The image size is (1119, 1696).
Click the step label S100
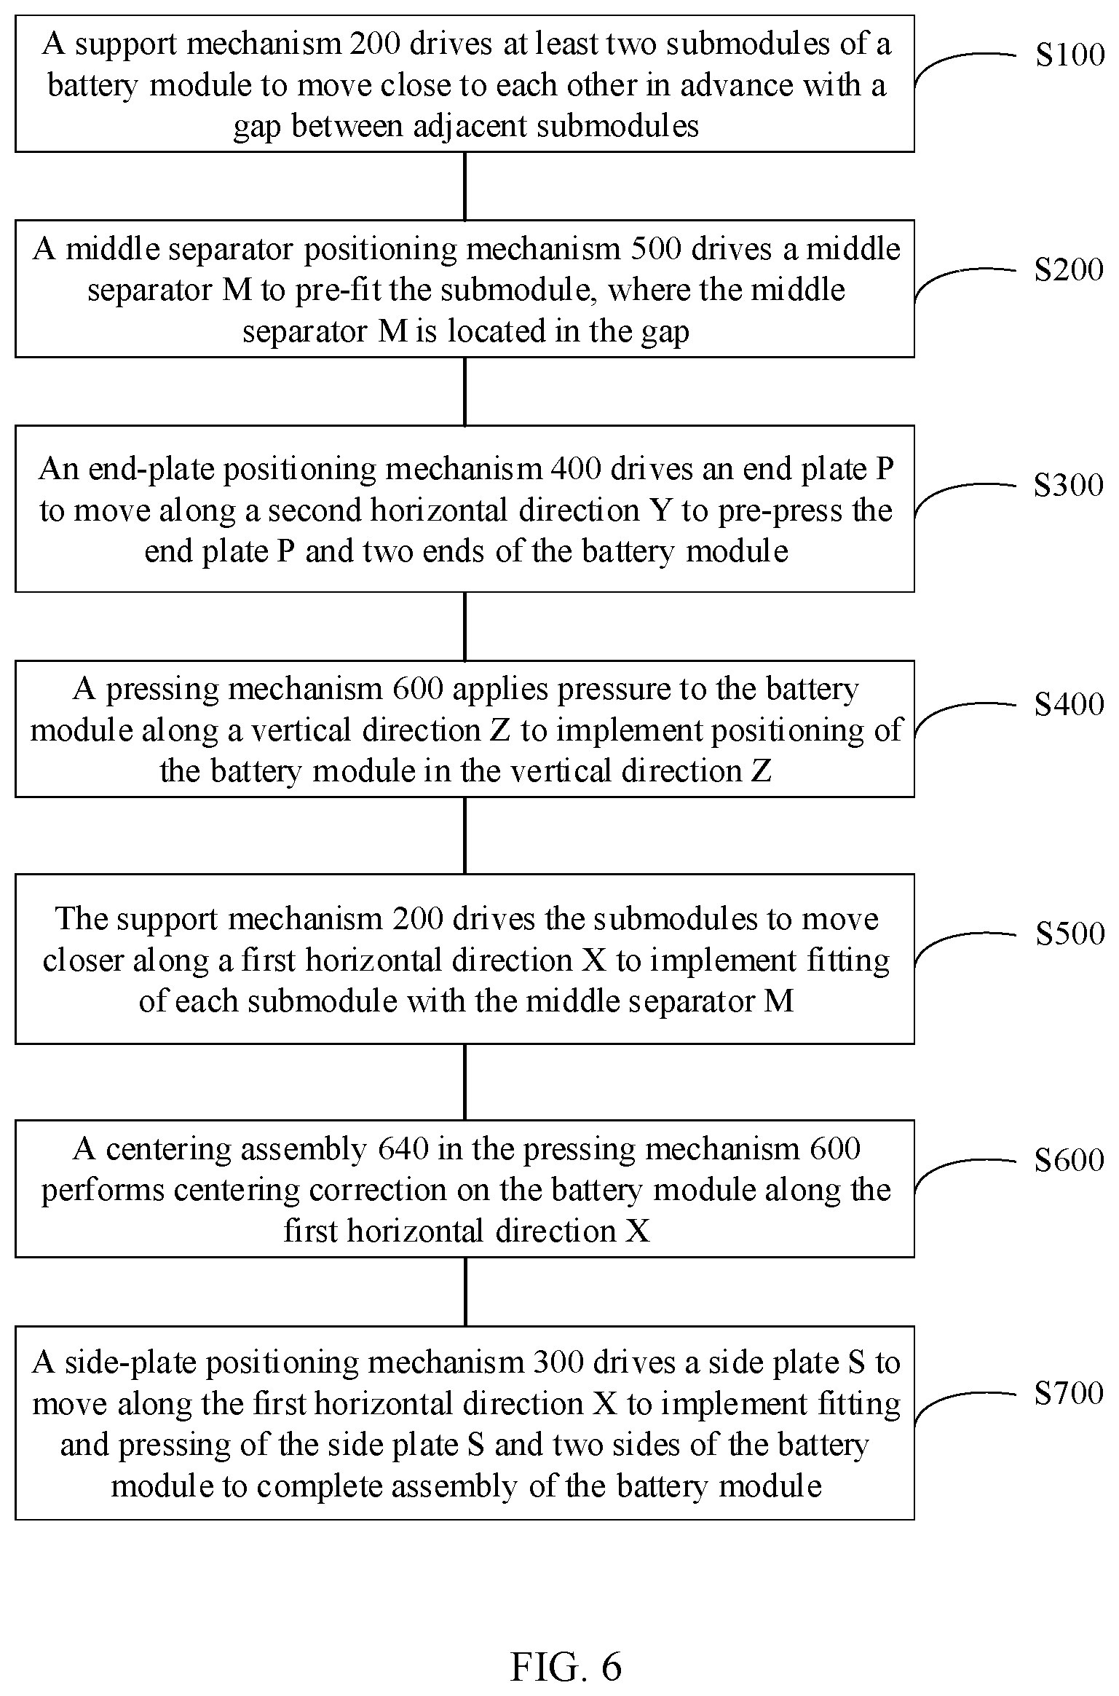(1069, 55)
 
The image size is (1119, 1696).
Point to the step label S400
(1069, 704)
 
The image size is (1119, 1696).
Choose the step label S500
(1069, 934)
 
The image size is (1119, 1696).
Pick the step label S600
(1069, 1160)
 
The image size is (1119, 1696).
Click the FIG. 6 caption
(566, 1647)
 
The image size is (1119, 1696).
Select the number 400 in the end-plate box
(576, 469)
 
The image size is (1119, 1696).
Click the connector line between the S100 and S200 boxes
(464, 186)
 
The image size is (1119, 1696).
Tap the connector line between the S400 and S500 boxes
(464, 835)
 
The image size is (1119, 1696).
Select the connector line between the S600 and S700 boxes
(464, 1291)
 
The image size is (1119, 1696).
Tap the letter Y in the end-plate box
(660, 510)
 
